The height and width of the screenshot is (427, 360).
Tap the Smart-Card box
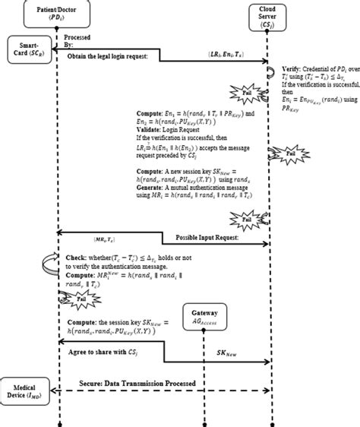pos(27,51)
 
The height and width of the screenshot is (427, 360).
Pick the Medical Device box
pos(24,386)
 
